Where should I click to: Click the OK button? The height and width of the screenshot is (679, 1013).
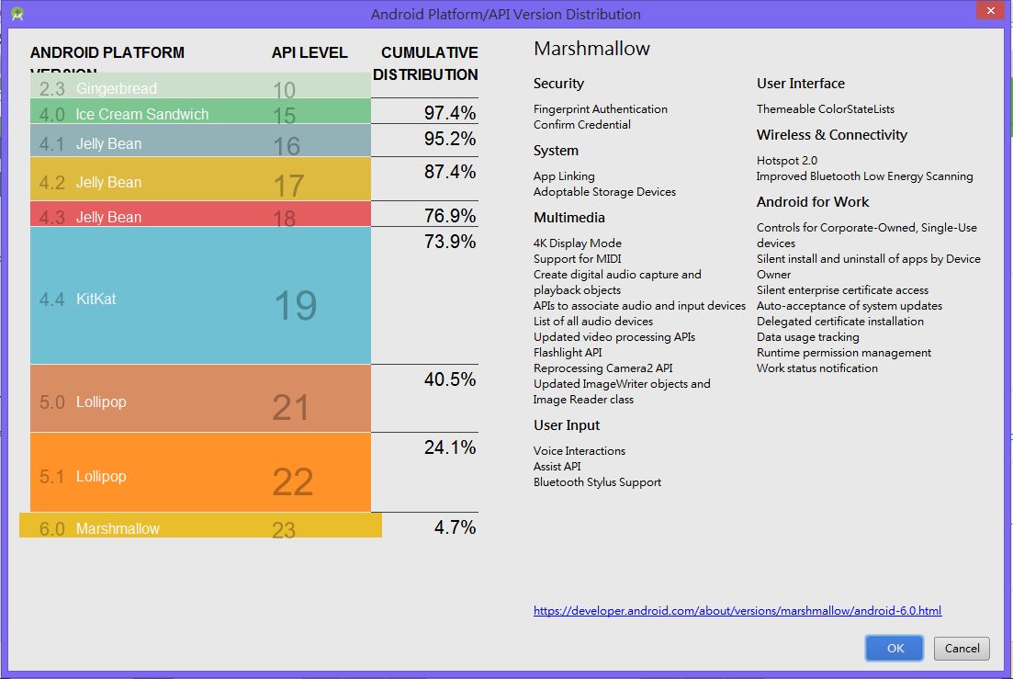click(x=895, y=648)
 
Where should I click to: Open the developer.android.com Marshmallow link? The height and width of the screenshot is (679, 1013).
click(x=737, y=611)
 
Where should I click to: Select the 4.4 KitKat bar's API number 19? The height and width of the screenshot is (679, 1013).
click(x=295, y=305)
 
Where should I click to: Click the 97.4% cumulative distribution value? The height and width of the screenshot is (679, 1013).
click(x=450, y=113)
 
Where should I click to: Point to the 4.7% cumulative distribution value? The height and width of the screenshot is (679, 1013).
click(x=455, y=527)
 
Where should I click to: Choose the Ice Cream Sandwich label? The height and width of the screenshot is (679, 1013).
click(x=141, y=114)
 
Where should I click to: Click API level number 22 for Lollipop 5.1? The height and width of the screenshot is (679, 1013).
click(x=293, y=481)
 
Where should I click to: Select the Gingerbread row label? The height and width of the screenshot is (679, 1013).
click(x=116, y=88)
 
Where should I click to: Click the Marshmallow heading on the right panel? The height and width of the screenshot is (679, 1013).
click(x=591, y=49)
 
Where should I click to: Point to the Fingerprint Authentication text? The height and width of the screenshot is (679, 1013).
click(x=600, y=108)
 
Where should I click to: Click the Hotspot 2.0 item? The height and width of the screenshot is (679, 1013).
click(x=786, y=160)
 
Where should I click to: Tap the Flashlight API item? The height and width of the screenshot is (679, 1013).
click(x=568, y=353)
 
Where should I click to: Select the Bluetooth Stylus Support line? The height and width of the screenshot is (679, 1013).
click(x=597, y=482)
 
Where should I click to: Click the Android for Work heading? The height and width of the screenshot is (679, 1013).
click(x=812, y=202)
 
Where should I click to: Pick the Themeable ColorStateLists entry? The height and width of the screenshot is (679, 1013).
click(x=825, y=108)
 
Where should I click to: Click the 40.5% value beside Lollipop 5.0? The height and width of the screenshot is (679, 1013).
click(x=450, y=379)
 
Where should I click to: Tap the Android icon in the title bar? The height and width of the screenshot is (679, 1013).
click(x=17, y=14)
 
